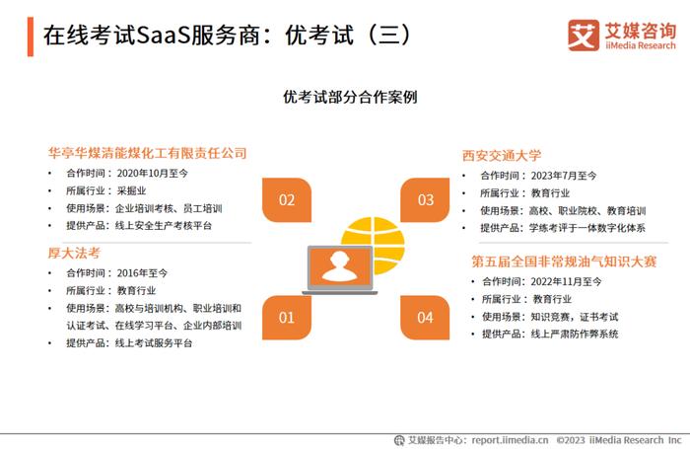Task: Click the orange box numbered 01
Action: (287, 317)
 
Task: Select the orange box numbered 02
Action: (287, 200)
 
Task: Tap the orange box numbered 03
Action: (425, 200)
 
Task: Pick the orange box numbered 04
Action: (425, 317)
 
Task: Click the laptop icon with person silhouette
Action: (340, 269)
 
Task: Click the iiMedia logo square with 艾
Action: (584, 36)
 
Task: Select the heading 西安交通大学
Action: (502, 156)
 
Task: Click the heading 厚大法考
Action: (74, 253)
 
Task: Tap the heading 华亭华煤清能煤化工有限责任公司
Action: (148, 153)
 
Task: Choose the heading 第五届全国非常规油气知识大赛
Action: (564, 262)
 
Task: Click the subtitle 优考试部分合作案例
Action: (350, 97)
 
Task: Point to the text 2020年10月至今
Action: (152, 173)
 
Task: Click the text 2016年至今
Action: (142, 273)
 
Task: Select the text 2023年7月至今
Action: (564, 176)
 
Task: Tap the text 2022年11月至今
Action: (566, 281)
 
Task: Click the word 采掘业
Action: (131, 190)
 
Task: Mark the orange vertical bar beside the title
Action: (31, 37)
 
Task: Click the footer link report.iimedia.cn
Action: (510, 440)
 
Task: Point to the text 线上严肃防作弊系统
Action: (575, 334)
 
